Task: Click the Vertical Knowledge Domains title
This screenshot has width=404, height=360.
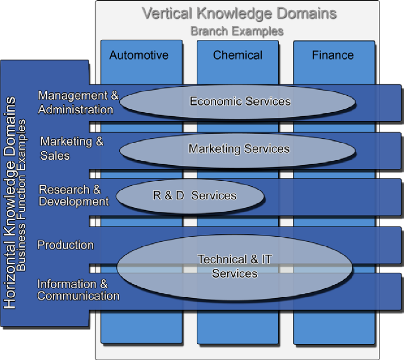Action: (240, 13)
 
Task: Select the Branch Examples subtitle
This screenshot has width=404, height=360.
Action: (237, 31)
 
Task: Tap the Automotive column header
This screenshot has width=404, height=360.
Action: (139, 55)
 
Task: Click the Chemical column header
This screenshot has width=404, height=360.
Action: (238, 55)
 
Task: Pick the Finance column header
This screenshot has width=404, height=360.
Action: (333, 55)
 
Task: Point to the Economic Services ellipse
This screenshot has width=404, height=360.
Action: (238, 101)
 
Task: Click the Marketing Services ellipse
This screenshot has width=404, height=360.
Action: (238, 149)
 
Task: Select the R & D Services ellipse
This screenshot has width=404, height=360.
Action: (190, 195)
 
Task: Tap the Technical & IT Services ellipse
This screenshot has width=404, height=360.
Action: (235, 266)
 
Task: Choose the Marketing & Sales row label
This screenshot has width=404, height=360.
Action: (71, 148)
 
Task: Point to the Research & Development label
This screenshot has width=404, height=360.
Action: (73, 195)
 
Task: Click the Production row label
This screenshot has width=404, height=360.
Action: (66, 245)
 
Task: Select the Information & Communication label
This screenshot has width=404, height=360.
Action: (77, 290)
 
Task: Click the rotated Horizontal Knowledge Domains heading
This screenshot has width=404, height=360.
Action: (10, 202)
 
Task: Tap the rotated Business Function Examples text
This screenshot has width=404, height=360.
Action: (21, 195)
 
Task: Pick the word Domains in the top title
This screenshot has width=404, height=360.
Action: (305, 13)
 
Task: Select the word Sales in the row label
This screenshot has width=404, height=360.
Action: (55, 156)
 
